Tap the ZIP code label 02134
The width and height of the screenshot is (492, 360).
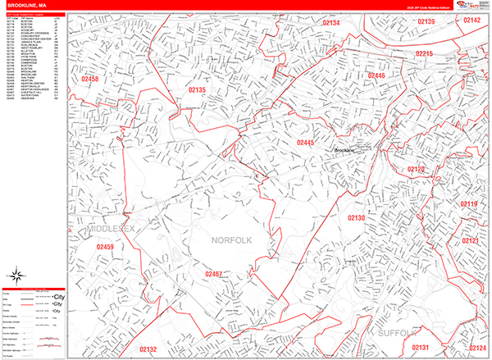[x=330, y=23]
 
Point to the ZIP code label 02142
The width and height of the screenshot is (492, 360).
[x=472, y=20]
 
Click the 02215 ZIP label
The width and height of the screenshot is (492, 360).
[x=424, y=53]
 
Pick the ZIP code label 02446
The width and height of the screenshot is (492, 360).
[x=376, y=75]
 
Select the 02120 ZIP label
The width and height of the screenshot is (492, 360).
[x=417, y=169]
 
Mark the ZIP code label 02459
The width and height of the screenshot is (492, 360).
[x=105, y=246]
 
